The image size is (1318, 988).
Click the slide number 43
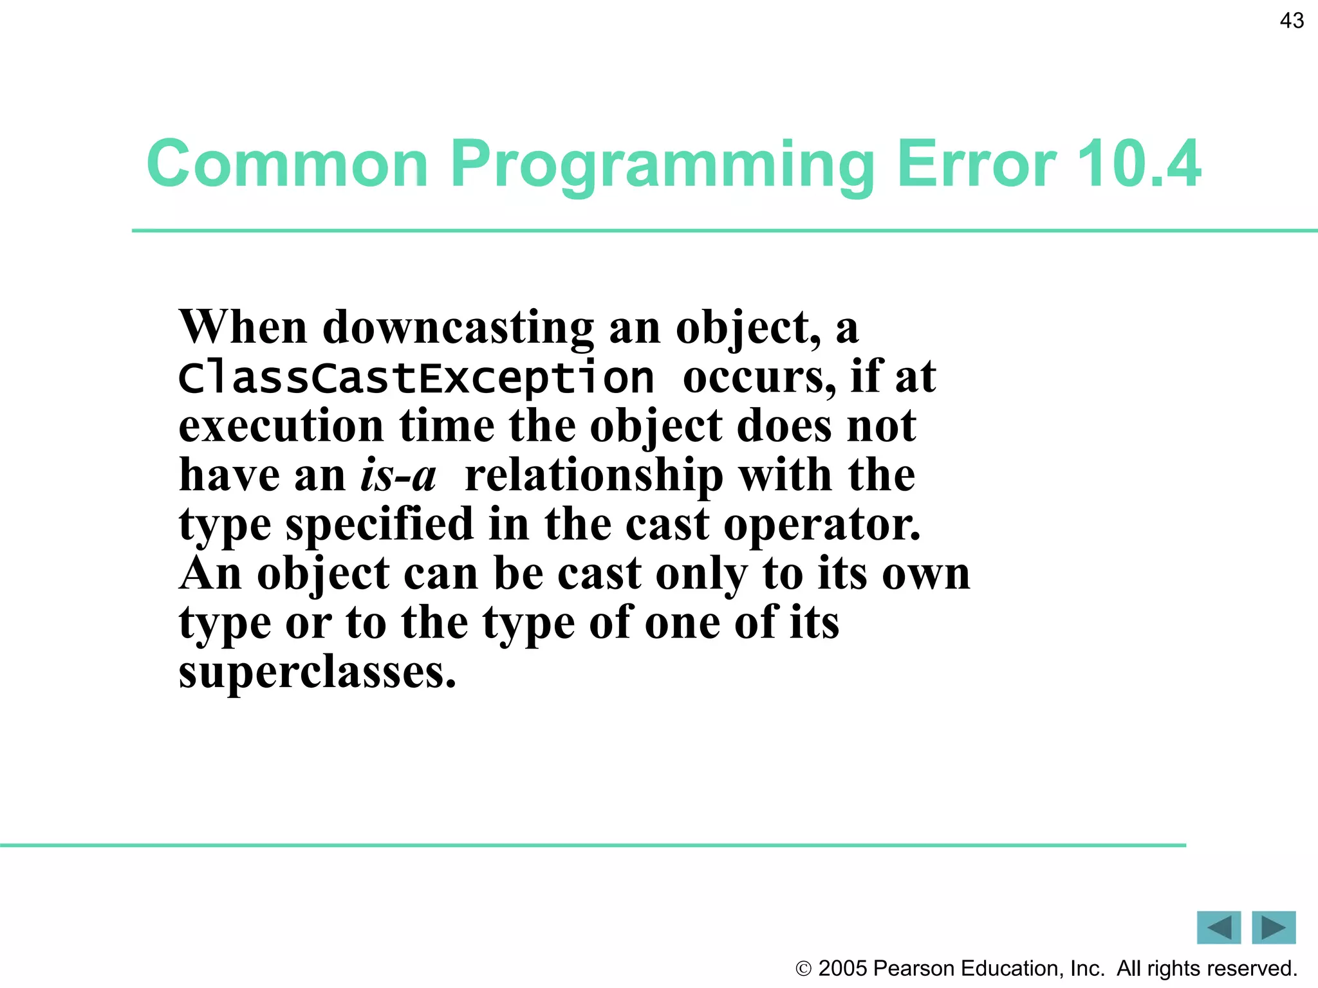pos(1292,21)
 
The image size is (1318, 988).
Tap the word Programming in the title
pos(662,165)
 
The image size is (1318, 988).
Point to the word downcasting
pos(458,328)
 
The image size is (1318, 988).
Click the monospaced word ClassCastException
pos(416,378)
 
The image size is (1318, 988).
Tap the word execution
pos(281,426)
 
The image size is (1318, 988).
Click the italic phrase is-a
pos(398,475)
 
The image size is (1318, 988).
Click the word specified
pos(379,524)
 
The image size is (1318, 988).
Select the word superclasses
pos(317,672)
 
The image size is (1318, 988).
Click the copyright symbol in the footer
pos(803,969)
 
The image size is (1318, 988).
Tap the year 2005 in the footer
pos(842,968)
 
